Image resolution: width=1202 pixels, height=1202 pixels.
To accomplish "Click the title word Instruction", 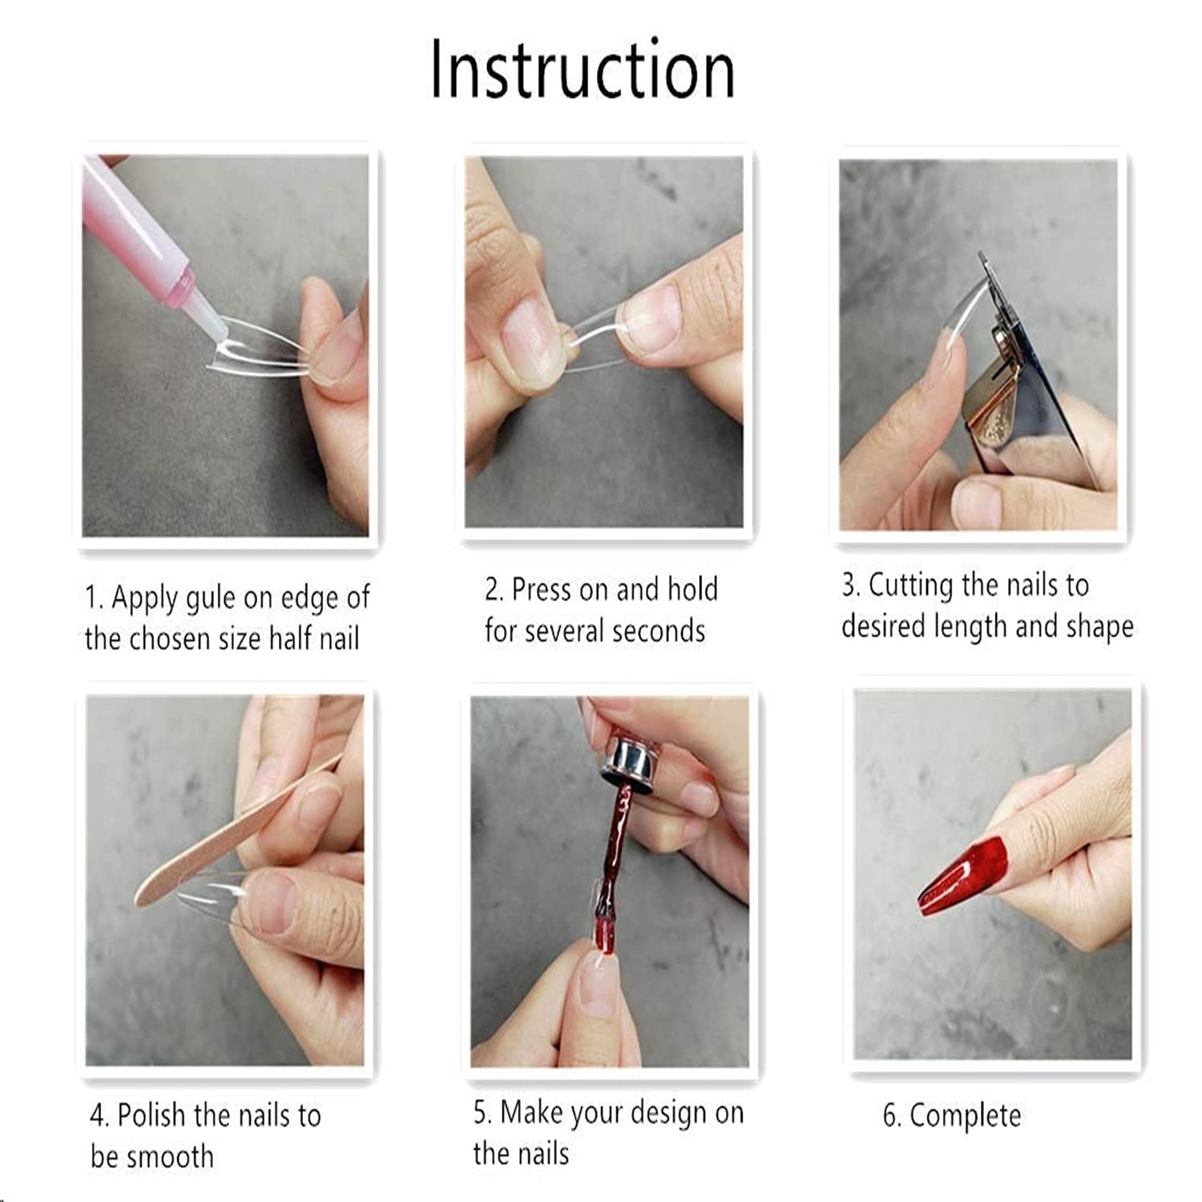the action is coord(583,70).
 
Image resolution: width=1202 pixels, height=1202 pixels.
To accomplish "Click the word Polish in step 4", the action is coord(152,1115).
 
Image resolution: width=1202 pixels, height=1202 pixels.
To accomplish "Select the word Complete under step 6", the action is coord(966,1116).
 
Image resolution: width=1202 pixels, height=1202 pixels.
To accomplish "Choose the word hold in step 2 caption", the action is coord(692,590).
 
